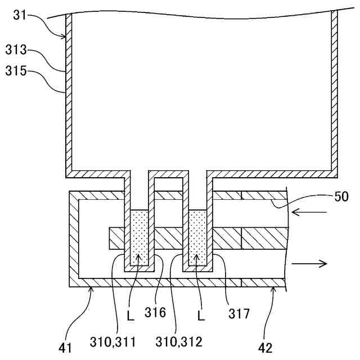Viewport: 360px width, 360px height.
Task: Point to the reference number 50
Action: [341, 196]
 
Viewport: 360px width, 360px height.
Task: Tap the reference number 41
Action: [66, 348]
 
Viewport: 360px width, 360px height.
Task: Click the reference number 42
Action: [265, 348]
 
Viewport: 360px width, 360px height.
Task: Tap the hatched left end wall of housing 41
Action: [73, 239]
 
